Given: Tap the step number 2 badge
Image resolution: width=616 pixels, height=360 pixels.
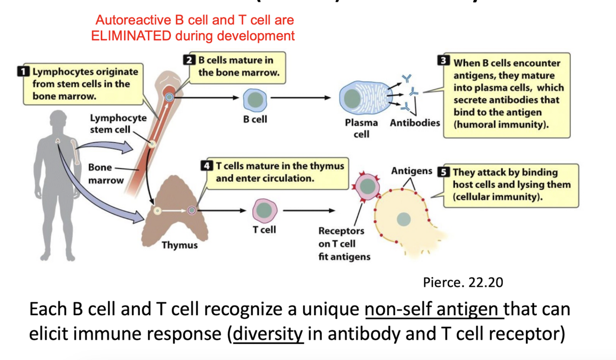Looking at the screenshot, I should pyautogui.click(x=188, y=60).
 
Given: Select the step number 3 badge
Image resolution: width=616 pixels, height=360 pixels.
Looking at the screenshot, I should pyautogui.click(x=443, y=61).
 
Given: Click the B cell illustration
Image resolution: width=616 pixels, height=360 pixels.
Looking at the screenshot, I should pyautogui.click(x=255, y=99).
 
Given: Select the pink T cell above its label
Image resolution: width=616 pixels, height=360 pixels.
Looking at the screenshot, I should pyautogui.click(x=264, y=210).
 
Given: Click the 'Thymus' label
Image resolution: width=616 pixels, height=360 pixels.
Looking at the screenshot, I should pyautogui.click(x=180, y=245).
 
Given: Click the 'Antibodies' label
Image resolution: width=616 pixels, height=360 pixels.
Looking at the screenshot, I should pyautogui.click(x=415, y=123).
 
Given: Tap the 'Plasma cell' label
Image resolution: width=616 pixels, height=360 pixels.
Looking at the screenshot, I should pyautogui.click(x=362, y=128).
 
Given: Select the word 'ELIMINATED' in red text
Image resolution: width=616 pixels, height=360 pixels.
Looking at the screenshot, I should pyautogui.click(x=132, y=36).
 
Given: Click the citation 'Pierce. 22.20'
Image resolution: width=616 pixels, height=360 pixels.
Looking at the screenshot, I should pyautogui.click(x=463, y=282).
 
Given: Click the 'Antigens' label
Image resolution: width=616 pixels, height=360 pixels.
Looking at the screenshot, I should pyautogui.click(x=411, y=171).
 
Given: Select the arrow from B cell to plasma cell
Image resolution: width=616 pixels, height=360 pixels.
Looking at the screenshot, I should pyautogui.click(x=301, y=98).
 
